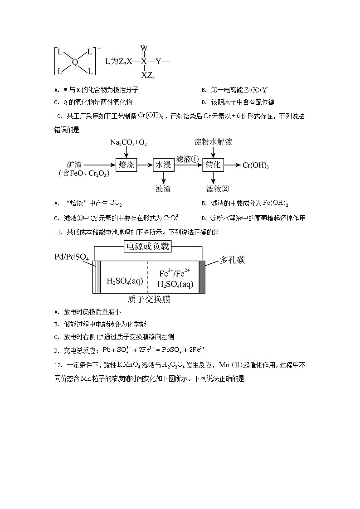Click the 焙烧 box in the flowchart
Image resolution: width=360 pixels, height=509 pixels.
click(x=126, y=165)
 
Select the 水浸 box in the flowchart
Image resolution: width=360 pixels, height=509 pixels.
click(x=163, y=165)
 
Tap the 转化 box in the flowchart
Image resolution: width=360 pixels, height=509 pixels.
click(x=213, y=165)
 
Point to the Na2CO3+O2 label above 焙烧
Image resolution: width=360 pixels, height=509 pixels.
click(x=128, y=143)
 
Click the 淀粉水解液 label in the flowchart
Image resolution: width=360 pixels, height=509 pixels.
click(x=213, y=142)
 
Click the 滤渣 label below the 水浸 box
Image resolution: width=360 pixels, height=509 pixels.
click(x=163, y=189)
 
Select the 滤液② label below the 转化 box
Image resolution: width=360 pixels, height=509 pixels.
click(x=218, y=189)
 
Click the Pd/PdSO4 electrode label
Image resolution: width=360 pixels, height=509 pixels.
click(x=72, y=258)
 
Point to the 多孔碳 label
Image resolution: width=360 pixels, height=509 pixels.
click(x=232, y=260)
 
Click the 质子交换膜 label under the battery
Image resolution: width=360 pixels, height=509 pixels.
click(x=149, y=300)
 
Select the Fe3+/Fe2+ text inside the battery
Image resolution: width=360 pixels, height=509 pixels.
click(x=175, y=274)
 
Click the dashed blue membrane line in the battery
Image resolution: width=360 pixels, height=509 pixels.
click(x=148, y=276)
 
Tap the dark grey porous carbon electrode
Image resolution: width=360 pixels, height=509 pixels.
click(x=202, y=276)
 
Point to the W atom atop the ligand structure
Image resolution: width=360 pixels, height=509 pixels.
click(x=144, y=48)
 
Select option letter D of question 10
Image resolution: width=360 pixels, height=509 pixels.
click(x=204, y=218)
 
